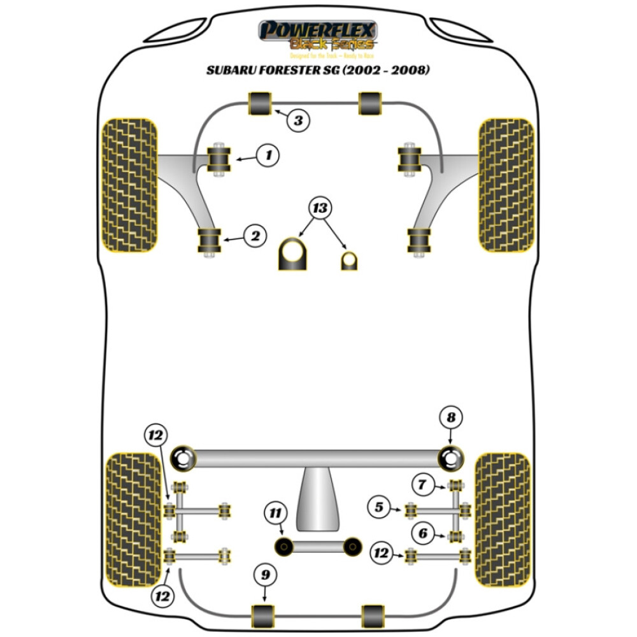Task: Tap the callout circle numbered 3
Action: (298, 119)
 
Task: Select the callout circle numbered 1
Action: (268, 155)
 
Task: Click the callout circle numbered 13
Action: (321, 208)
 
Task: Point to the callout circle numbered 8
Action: (451, 419)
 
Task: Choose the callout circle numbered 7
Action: (422, 485)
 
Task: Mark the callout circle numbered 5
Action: (379, 508)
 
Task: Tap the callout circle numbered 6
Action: (422, 533)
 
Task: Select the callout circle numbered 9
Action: (266, 575)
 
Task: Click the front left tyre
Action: (129, 185)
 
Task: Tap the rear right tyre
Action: (502, 519)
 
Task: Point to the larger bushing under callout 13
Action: (292, 254)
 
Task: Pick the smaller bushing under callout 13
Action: (348, 261)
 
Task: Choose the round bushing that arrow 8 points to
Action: (451, 457)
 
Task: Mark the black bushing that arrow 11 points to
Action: (282, 546)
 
